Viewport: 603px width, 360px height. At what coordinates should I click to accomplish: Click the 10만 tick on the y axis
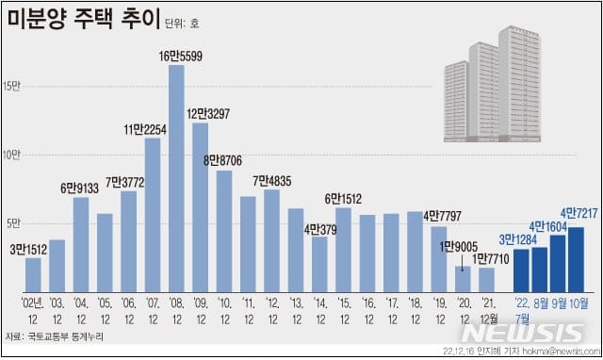tap(12, 155)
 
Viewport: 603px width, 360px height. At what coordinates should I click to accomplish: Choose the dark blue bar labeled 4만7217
tap(576, 259)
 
